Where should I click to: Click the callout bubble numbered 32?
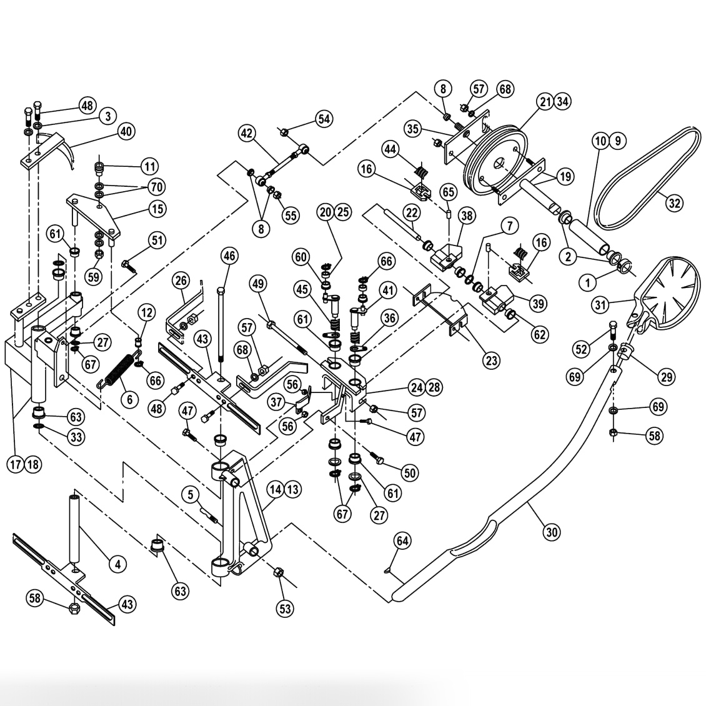(675, 202)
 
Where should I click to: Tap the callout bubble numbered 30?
(551, 532)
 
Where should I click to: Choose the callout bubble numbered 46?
(229, 256)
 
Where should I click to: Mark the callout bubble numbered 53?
(285, 609)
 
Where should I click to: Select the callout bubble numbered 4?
(116, 564)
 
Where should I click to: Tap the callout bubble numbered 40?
(126, 132)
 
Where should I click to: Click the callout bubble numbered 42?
(247, 132)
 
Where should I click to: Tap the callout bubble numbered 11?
(149, 167)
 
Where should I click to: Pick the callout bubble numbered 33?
(76, 437)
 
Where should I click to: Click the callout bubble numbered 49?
(257, 284)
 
